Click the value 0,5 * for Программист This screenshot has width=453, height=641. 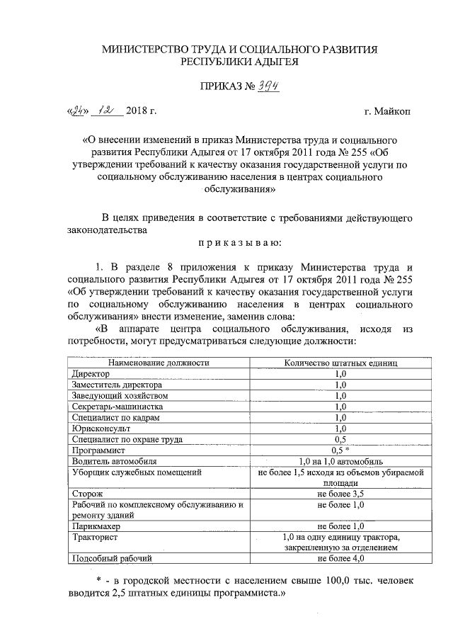coord(341,450)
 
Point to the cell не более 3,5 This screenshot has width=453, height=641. coord(340,492)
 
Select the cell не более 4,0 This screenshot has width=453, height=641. coord(340,559)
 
